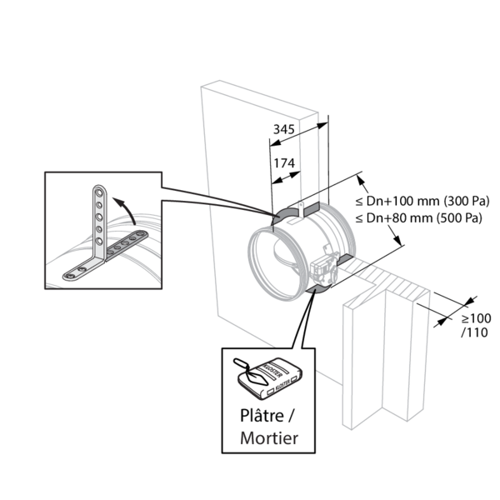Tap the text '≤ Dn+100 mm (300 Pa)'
(422, 202)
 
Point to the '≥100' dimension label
(476, 318)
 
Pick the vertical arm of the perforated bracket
(99, 220)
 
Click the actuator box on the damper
(322, 267)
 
